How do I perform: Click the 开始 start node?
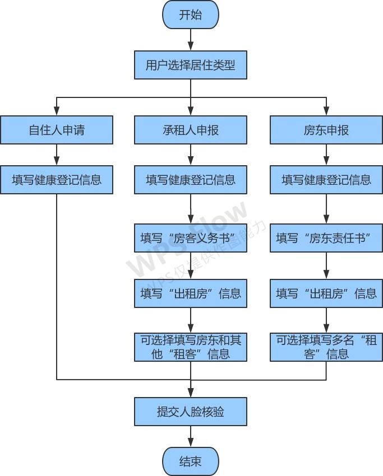(x=191, y=15)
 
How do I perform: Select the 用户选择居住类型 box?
(x=191, y=65)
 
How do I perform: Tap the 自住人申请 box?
(x=57, y=130)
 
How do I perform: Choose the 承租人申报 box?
(x=191, y=130)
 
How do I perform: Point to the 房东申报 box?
(x=326, y=130)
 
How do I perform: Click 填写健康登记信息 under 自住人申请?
(x=57, y=180)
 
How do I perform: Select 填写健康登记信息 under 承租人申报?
(x=191, y=180)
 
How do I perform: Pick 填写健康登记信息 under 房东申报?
(x=326, y=180)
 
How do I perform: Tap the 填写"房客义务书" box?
(x=191, y=238)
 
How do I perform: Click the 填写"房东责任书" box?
(x=326, y=238)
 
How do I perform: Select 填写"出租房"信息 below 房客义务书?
(x=191, y=293)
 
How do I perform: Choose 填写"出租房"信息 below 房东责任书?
(x=326, y=293)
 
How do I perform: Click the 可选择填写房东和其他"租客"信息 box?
(x=191, y=347)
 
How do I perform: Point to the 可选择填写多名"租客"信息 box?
(x=326, y=347)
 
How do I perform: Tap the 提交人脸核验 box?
(x=191, y=412)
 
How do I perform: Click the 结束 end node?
(x=191, y=461)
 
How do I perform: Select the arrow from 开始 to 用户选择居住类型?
(x=191, y=40)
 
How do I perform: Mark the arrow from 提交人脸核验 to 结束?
(x=191, y=437)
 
